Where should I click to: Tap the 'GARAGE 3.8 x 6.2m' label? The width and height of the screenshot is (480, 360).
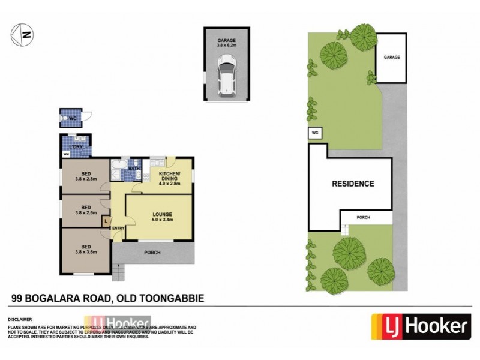(x=226, y=42)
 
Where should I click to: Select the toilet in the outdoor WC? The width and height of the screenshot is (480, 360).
(x=65, y=119)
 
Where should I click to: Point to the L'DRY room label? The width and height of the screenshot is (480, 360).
(x=76, y=147)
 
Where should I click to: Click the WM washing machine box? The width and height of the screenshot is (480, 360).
(x=66, y=155)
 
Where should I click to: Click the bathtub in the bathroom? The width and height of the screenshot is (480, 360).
(x=119, y=167)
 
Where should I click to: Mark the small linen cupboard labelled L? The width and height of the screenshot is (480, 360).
(x=106, y=222)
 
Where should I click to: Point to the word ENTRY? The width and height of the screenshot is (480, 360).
(x=118, y=227)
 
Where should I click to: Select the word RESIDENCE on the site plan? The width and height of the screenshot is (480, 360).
(x=353, y=184)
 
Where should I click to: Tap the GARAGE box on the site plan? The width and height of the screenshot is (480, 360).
(x=391, y=58)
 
